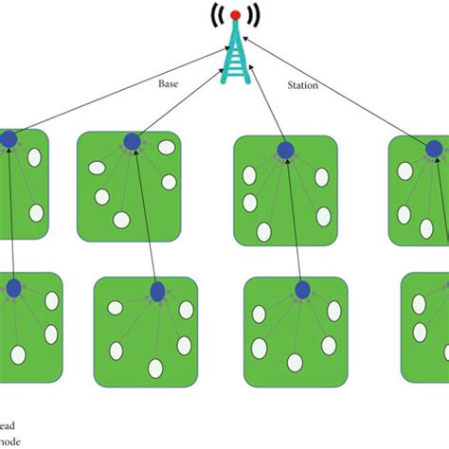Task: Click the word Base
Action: coord(169,82)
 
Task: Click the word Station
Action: coord(302,84)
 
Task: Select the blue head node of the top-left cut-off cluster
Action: coord(9,140)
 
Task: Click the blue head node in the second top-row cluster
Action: coord(132,142)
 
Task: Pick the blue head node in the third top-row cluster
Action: coord(285,149)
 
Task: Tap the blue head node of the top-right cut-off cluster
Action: coord(434,148)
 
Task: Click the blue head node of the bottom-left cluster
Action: coord(14,288)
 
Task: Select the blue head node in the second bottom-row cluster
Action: coord(157,291)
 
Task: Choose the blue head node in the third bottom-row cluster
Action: coord(302,290)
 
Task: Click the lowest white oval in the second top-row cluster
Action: coord(121,220)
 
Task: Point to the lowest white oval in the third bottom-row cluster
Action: coord(296,361)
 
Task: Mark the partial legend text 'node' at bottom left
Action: coord(9,441)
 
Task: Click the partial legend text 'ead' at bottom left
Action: coord(8,425)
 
